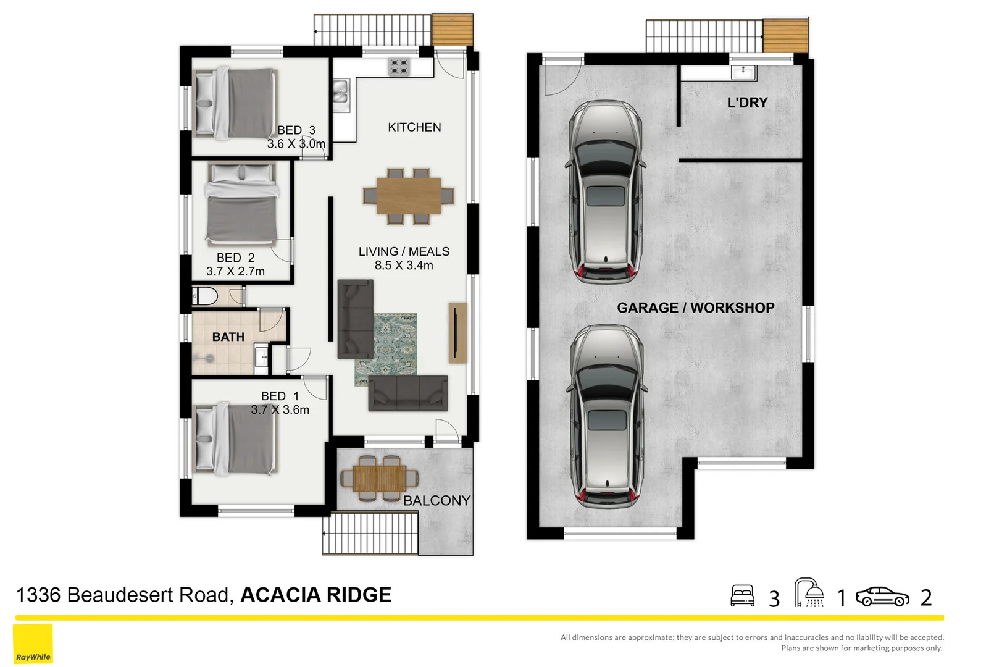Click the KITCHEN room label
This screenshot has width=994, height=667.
tap(414, 127)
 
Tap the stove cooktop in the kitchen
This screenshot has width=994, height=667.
tap(399, 67)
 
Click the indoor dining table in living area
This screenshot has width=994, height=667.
tap(409, 196)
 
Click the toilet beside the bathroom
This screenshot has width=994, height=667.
tap(205, 296)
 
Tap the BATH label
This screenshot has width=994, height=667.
tap(228, 337)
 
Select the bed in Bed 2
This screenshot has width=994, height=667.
tap(241, 204)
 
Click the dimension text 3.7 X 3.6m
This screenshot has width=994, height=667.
tap(280, 410)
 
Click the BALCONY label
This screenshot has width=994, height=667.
tap(436, 501)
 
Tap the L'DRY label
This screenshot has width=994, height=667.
tap(747, 103)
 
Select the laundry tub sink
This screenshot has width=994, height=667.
tap(743, 72)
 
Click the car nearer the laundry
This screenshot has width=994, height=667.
tap(606, 191)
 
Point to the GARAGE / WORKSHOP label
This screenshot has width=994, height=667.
tap(695, 308)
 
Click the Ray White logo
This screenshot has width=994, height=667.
tap(33, 644)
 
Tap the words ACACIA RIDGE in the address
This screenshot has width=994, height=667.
tap(315, 595)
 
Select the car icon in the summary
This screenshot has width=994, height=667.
tap(882, 597)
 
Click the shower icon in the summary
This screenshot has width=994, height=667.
tap(809, 593)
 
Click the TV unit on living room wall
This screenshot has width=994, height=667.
tap(457, 332)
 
